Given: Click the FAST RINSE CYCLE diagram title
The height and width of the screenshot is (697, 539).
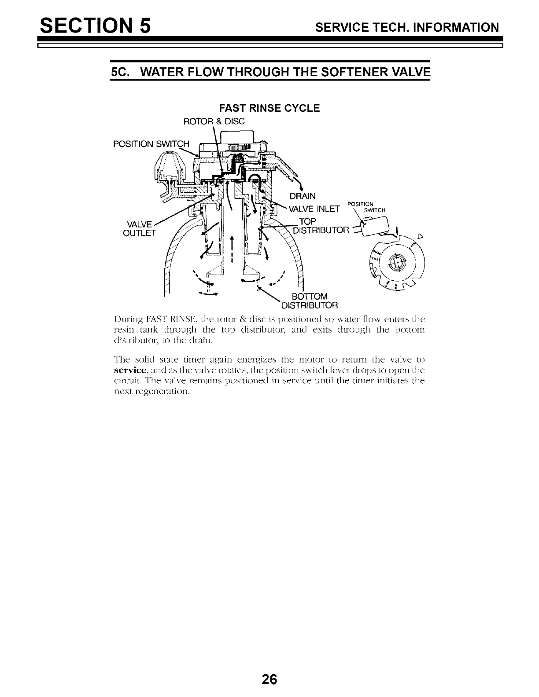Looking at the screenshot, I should (x=269, y=108).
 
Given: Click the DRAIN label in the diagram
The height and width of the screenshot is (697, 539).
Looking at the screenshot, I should (x=302, y=196).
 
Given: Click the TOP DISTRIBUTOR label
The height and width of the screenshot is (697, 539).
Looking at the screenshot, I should (x=321, y=226).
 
